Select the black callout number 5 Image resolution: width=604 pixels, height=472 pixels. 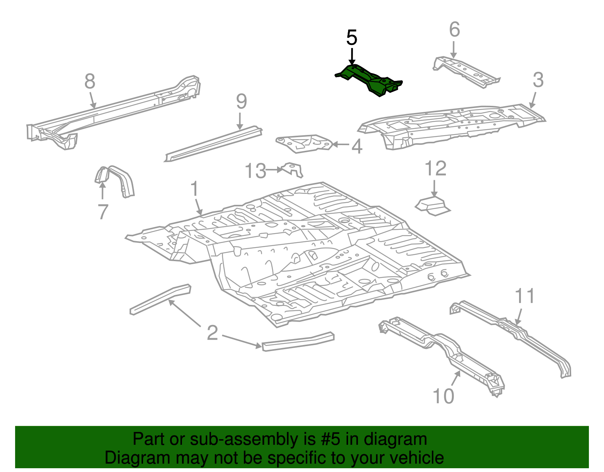[x=351, y=38]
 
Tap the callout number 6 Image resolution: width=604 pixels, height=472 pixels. [x=455, y=29]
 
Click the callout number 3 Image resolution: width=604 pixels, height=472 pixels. [x=538, y=80]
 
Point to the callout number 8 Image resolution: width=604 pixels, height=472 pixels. [x=90, y=81]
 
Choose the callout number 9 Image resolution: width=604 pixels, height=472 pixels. [x=241, y=102]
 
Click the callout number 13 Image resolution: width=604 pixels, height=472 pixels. [x=256, y=171]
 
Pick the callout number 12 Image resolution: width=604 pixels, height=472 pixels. [x=435, y=169]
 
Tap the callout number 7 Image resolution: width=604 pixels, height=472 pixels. [x=103, y=212]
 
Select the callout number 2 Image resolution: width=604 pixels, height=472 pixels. [x=213, y=333]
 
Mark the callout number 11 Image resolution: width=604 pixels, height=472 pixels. [x=525, y=296]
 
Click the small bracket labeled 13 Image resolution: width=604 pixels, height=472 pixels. [x=293, y=169]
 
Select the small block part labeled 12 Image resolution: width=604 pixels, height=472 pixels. [x=433, y=206]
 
